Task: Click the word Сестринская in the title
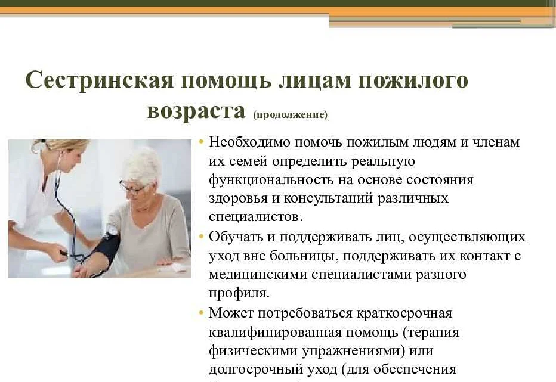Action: pyautogui.click(x=100, y=80)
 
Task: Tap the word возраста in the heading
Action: pyautogui.click(x=196, y=111)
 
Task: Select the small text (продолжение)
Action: pyautogui.click(x=291, y=115)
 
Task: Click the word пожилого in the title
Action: pyautogui.click(x=413, y=81)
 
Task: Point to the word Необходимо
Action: pyautogui.click(x=250, y=142)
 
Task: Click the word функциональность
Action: pyautogui.click(x=271, y=179)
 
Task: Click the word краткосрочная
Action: pyautogui.click(x=404, y=313)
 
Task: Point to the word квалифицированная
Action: pyautogui.click(x=275, y=333)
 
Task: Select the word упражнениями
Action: pyautogui.click(x=351, y=351)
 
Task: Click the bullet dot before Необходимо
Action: pyautogui.click(x=202, y=142)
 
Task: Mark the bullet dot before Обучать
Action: pyautogui.click(x=202, y=237)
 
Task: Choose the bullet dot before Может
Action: pyautogui.click(x=202, y=313)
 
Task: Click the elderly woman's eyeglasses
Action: pyautogui.click(x=134, y=188)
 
